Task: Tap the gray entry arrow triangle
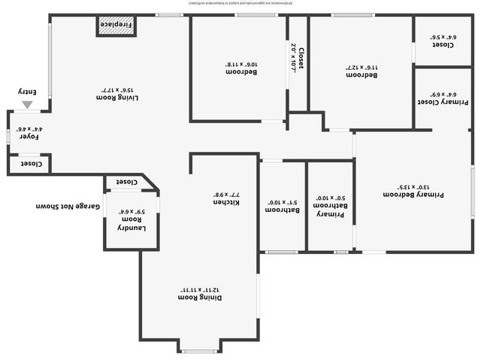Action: click(x=27, y=105)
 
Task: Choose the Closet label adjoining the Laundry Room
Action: click(x=126, y=182)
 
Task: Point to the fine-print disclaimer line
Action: click(x=240, y=4)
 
